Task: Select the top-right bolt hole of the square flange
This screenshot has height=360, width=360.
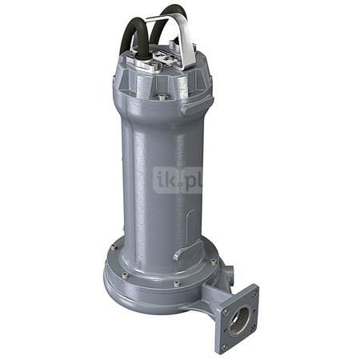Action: click(254, 292)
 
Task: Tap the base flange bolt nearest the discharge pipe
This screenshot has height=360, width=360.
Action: click(214, 262)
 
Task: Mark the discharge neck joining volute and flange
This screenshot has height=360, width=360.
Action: click(210, 300)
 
